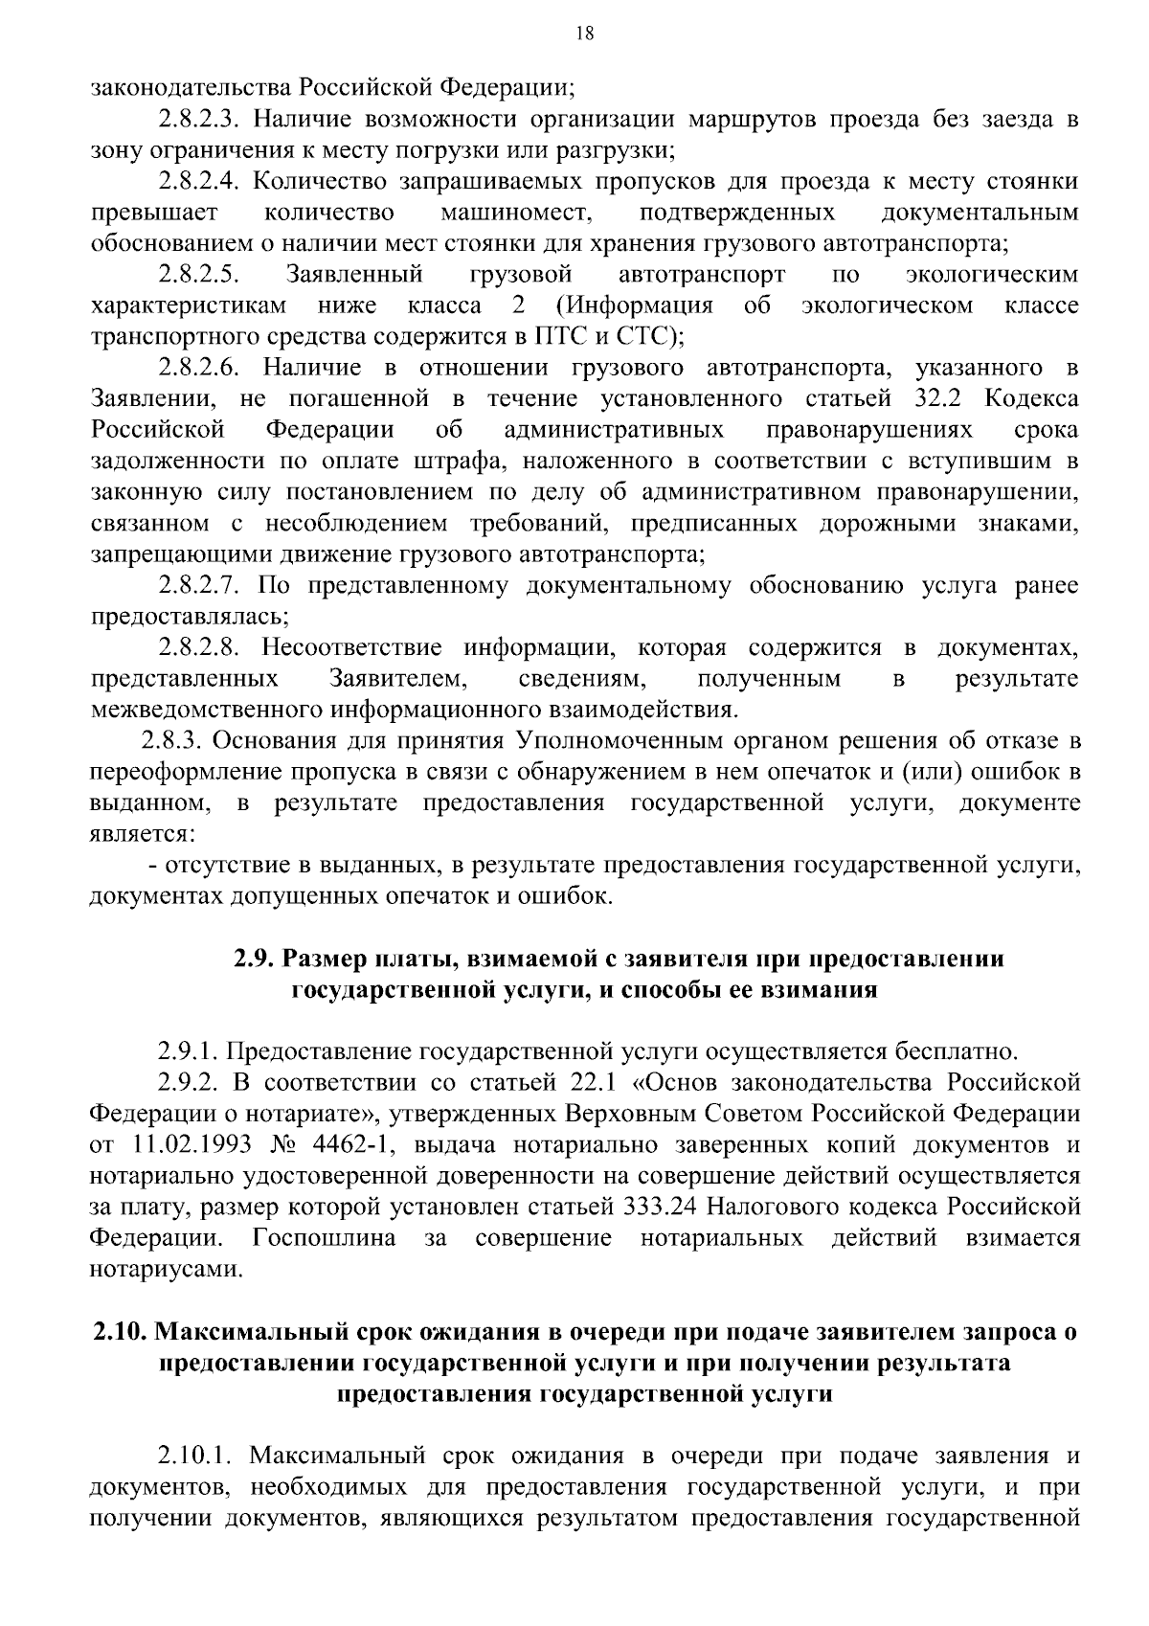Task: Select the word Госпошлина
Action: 325,1238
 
